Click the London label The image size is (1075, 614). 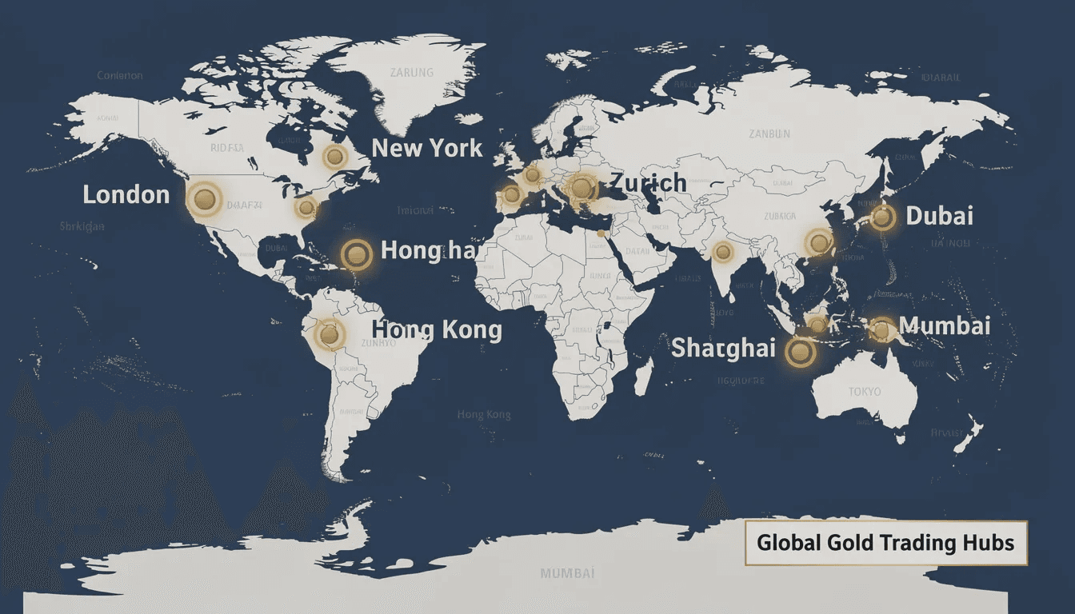coord(126,194)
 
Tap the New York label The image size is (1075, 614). coord(427,148)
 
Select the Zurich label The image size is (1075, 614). coord(648,183)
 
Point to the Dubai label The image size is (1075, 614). coord(939,216)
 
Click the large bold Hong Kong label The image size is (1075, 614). coord(437,329)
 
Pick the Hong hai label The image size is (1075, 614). coord(429,250)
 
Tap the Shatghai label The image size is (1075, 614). coord(723,348)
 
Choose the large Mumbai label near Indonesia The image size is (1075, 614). coord(945,325)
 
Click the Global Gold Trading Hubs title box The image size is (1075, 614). coord(885,543)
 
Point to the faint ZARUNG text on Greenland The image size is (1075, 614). coord(411,73)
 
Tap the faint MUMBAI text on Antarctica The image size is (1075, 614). coord(567,573)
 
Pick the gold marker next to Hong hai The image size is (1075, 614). coord(356,254)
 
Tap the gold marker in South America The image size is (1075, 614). coord(329,334)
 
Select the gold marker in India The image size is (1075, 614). coord(723,253)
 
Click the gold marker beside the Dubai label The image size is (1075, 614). coord(881,217)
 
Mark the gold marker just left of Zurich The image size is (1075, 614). coord(581,188)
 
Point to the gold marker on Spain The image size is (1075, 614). coord(510,194)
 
